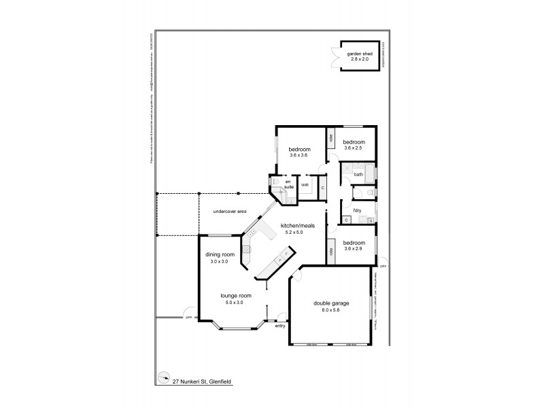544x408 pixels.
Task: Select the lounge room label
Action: click(x=236, y=296)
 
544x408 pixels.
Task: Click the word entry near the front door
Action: click(x=279, y=326)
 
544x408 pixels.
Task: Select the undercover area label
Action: click(x=229, y=211)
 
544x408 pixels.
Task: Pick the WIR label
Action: click(x=305, y=184)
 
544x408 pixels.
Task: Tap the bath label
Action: click(x=358, y=175)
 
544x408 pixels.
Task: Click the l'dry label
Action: click(x=357, y=209)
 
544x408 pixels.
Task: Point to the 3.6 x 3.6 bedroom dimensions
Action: click(x=299, y=156)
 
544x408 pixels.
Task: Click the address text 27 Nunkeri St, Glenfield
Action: click(x=201, y=381)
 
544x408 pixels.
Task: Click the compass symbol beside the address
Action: click(x=163, y=378)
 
